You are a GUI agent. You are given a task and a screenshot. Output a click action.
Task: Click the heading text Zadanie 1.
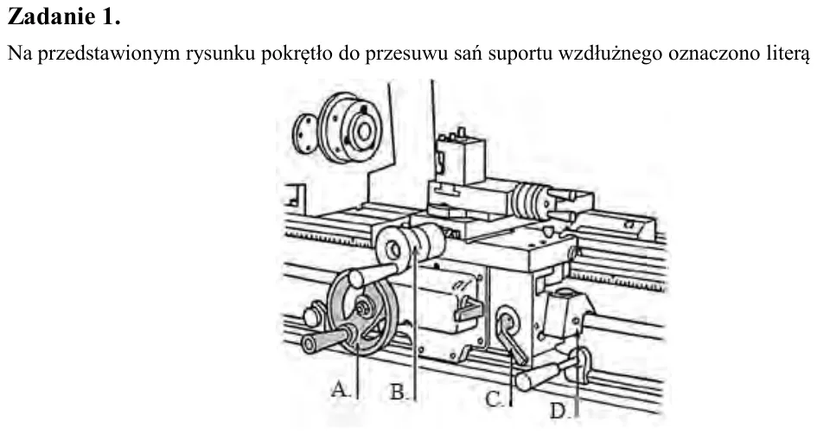64,17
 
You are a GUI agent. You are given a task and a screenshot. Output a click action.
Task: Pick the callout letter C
493,399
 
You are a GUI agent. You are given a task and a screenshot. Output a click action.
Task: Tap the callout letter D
558,411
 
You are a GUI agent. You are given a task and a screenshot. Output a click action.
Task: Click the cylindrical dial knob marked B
412,244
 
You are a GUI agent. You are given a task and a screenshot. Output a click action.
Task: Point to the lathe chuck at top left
350,128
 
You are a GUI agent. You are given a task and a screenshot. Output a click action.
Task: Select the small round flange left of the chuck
306,133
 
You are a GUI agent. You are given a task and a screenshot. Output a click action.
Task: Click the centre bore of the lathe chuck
364,131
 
